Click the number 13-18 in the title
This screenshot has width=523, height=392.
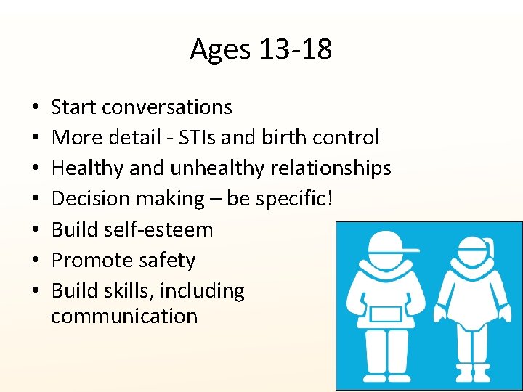299,49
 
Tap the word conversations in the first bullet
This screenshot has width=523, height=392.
167,107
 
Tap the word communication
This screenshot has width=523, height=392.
124,317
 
